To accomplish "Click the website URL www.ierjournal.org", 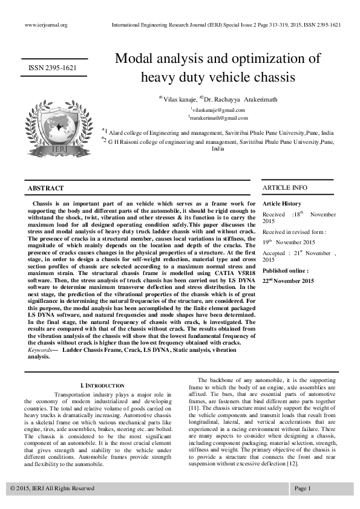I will click(x=45, y=25).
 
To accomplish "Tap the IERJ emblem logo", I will click(x=53, y=128).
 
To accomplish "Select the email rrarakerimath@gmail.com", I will click(x=218, y=118).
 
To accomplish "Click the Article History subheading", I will click(x=282, y=204).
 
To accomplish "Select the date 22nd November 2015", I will click(x=289, y=281).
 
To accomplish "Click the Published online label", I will click(x=286, y=271).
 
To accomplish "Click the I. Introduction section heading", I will click(x=102, y=385).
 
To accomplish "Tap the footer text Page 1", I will click(x=303, y=488).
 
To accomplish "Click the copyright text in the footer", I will click(x=53, y=488).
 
